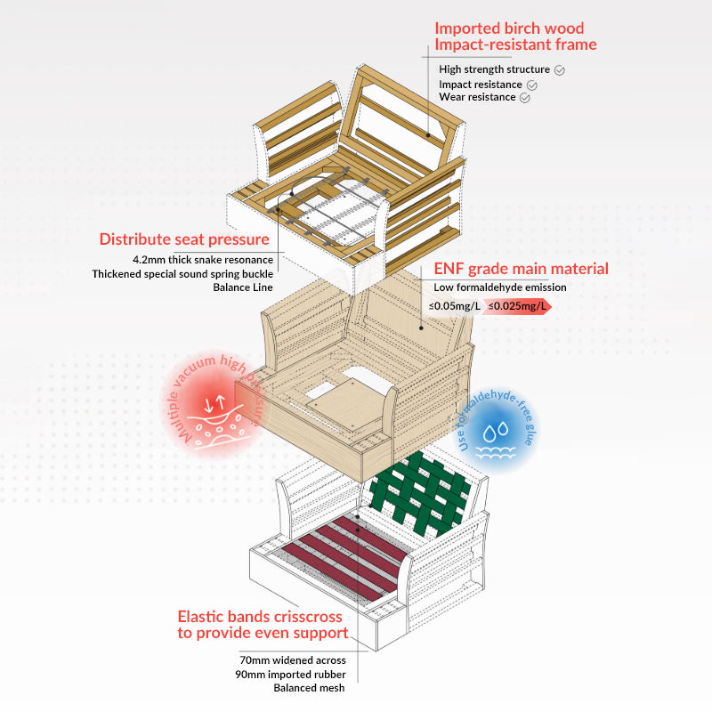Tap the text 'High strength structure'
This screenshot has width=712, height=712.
494,69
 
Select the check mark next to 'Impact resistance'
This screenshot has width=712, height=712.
532,85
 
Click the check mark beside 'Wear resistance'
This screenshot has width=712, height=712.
524,98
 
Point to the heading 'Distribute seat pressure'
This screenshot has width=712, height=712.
184,239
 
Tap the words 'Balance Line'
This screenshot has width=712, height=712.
243,287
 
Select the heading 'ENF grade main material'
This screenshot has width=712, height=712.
521,268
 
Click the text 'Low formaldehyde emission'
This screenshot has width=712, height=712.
499,287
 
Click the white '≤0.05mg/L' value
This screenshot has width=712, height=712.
455,307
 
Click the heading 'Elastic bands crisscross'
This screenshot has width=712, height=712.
262,616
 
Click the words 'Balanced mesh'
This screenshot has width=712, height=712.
311,688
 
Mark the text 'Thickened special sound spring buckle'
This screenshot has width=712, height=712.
182,273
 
